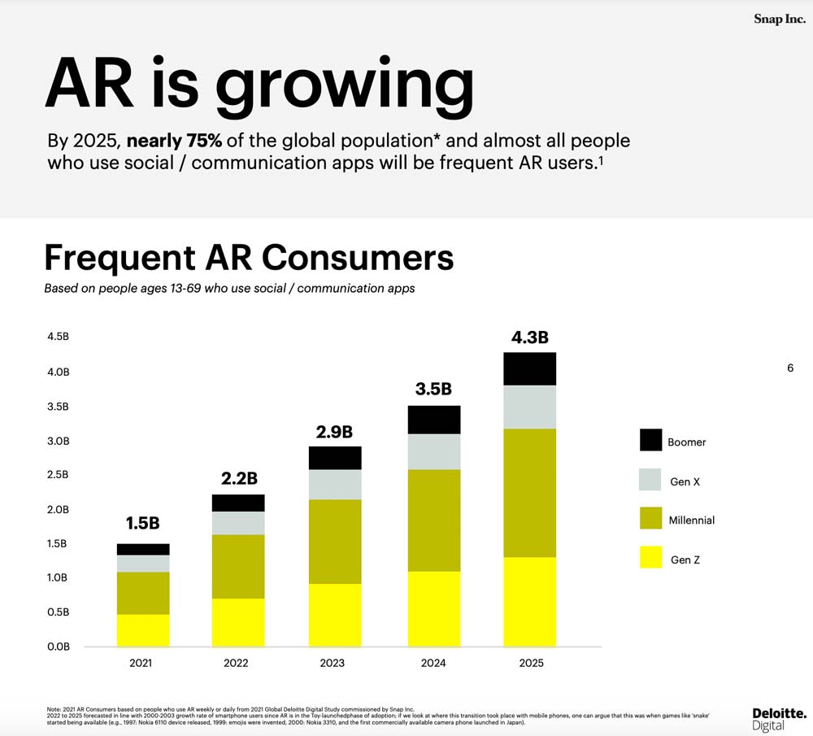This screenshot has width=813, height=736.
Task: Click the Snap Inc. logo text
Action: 779,19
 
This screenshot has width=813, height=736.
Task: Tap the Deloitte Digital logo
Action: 779,718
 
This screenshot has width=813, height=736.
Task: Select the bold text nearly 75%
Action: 175,140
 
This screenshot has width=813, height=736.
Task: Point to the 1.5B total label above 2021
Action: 142,524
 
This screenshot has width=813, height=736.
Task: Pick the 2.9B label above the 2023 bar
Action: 334,430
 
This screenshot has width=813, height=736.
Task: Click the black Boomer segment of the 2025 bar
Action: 529,368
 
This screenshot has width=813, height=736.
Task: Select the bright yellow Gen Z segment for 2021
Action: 143,630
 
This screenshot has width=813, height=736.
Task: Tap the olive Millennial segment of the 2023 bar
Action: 335,541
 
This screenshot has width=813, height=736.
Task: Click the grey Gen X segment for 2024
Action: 433,451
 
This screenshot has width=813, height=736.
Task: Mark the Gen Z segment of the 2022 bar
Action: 238,622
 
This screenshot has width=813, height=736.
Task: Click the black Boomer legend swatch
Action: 650,440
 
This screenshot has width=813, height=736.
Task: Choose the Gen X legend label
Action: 685,481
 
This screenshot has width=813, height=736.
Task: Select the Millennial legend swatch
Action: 650,518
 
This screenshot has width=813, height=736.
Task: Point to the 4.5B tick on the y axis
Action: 59,338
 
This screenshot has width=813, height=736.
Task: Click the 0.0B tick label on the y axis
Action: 59,647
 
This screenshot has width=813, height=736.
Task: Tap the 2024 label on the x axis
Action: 433,663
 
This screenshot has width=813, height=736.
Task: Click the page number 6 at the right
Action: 789,368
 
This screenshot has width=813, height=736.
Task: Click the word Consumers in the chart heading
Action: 358,257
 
